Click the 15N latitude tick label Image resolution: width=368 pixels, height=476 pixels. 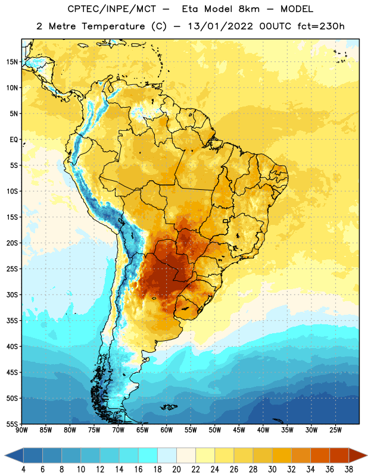click(12, 62)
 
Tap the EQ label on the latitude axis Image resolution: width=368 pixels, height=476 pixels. click(14, 140)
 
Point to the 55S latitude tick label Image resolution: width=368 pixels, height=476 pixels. click(12, 424)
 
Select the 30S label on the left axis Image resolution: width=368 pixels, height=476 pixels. click(12, 295)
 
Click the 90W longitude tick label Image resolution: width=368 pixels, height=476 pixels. click(21, 430)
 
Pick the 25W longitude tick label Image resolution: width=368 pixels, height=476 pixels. click(335, 430)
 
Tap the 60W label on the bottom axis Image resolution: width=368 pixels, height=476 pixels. click(167, 430)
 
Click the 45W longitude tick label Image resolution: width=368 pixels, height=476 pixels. click(239, 430)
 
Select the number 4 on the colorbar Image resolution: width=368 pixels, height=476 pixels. click(23, 469)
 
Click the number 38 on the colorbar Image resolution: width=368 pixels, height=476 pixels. click(348, 469)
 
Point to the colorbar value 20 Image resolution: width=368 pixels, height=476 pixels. click(176, 469)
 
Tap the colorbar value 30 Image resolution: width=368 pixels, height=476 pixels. click(272, 469)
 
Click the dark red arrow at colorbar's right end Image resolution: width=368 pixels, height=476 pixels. click(357, 455)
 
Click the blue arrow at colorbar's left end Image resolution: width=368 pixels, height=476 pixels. click(14, 455)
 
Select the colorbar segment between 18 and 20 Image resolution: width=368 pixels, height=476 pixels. click(167, 455)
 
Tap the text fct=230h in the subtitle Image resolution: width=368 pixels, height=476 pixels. click(321, 26)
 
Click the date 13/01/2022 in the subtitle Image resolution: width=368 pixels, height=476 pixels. click(220, 26)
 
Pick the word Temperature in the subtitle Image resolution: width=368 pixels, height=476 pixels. click(113, 26)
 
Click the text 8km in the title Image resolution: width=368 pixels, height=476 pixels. click(249, 9)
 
